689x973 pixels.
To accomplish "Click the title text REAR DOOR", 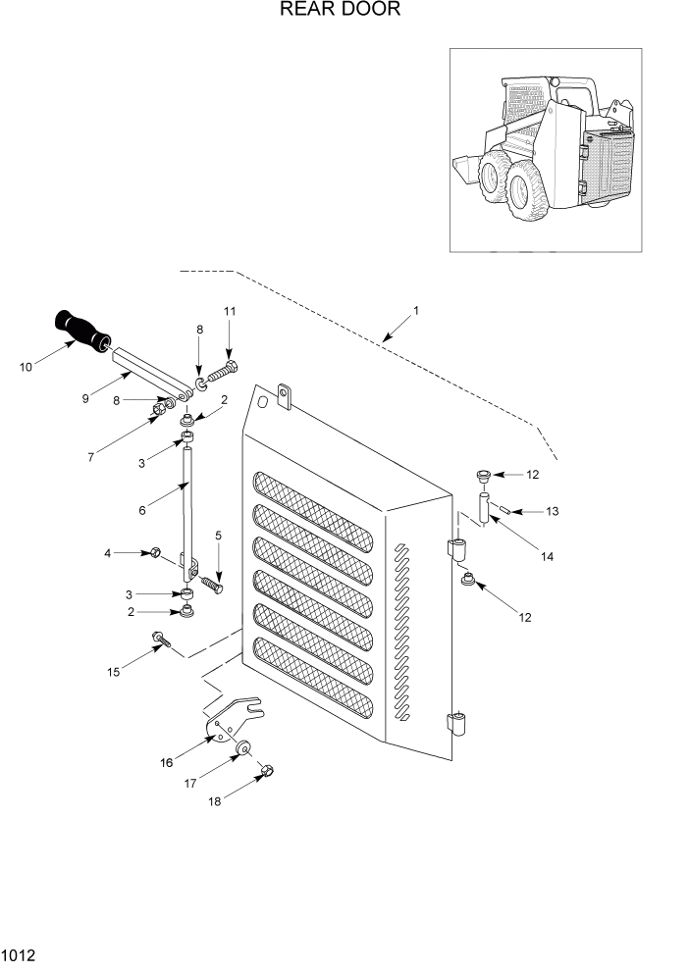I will tap(340, 11).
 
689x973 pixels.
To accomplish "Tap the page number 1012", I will tap(20, 953).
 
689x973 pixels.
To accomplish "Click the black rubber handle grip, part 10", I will tap(81, 331).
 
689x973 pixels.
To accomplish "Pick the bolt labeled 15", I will tap(161, 642).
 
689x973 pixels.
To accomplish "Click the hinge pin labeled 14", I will tap(484, 511).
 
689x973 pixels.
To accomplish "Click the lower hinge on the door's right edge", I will tap(456, 726).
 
